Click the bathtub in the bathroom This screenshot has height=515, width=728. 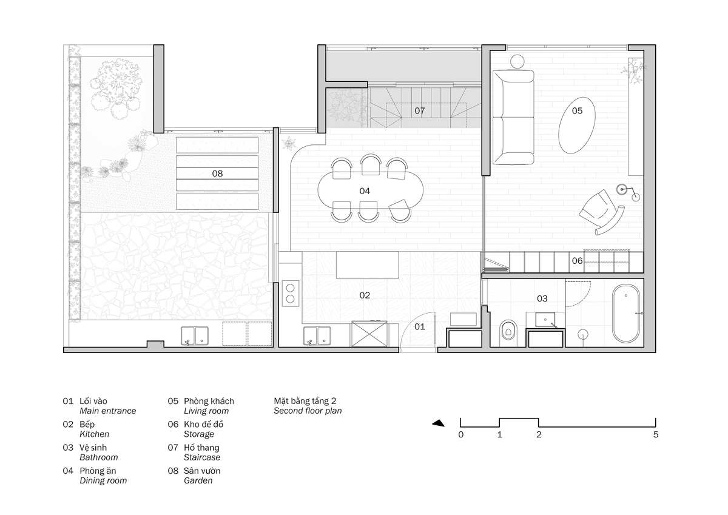pos(626,314)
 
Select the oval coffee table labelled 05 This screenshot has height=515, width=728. pos(577,125)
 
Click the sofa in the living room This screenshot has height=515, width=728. pos(513,117)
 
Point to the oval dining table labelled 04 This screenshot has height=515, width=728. pos(371,190)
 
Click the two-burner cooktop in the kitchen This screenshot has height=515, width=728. pos(290,293)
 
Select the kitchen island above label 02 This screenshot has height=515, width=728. pos(367,265)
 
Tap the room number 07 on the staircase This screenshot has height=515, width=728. pos(420,111)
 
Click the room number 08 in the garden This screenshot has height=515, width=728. pos(217,173)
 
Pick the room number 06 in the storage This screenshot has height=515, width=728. pos(577,261)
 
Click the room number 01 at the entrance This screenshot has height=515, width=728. pos(420,326)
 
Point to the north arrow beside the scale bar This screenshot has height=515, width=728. pos(438,423)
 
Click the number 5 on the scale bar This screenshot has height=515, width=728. pos(656,434)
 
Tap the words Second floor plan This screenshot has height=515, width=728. pos(308,411)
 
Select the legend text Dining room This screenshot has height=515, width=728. pos(103,480)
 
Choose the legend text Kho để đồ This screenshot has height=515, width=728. pos(203,424)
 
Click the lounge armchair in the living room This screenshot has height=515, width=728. pos(601,211)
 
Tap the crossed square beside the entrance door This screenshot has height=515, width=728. pos(369,334)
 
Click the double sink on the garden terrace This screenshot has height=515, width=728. pos(195,335)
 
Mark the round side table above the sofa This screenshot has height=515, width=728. pos(517,61)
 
